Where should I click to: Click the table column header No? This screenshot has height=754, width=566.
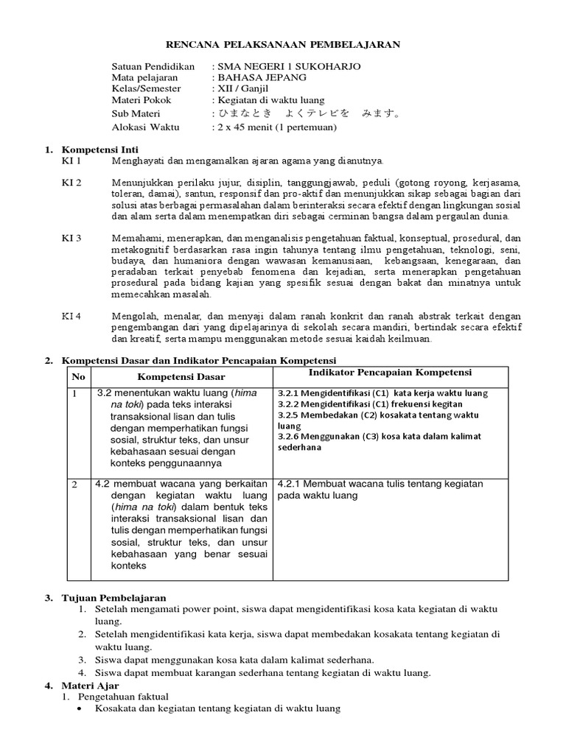pyautogui.click(x=79, y=377)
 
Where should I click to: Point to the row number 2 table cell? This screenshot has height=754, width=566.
pyautogui.click(x=75, y=485)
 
